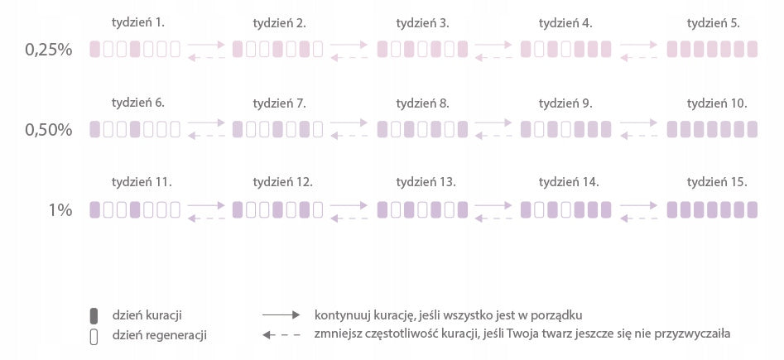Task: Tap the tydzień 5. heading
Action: point(713,23)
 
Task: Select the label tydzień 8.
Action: point(422,103)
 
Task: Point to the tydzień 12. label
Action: point(282,183)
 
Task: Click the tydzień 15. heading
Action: point(717,183)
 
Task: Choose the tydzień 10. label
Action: point(717,103)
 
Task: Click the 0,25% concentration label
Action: point(49,50)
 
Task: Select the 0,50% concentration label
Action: point(49,130)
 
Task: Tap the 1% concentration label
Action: point(60,210)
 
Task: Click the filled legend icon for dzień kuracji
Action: point(94,316)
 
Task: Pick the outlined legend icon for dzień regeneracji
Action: point(94,337)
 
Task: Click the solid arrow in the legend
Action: point(281,315)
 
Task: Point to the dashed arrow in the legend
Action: point(281,335)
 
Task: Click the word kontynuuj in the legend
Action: point(335,315)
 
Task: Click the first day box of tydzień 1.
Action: point(94,49)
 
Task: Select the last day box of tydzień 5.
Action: point(752,49)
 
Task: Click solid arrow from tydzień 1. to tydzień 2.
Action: point(206,45)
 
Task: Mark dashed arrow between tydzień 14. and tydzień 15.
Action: point(638,218)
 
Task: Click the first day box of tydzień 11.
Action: point(94,209)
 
